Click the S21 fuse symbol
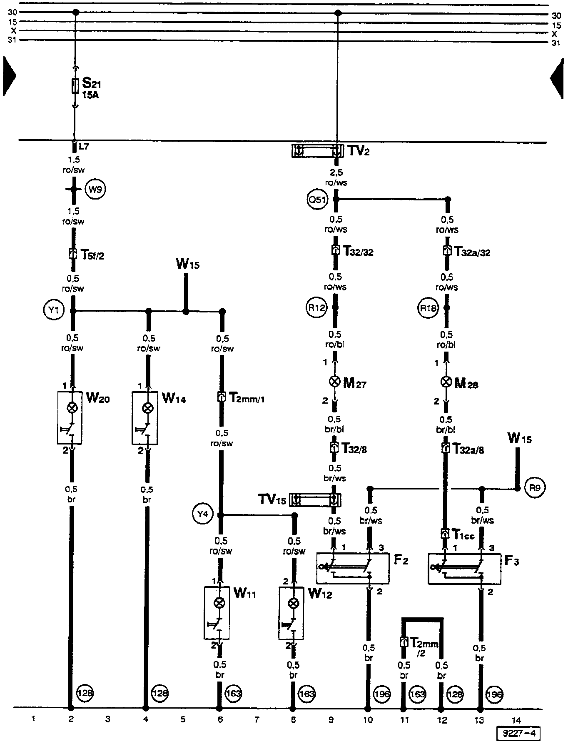(x=75, y=86)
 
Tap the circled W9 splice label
(x=95, y=190)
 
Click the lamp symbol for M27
(x=334, y=382)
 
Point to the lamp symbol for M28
(x=446, y=382)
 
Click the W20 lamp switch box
(x=70, y=417)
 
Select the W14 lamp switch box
(x=144, y=417)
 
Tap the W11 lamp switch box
(x=217, y=613)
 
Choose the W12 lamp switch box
(x=291, y=613)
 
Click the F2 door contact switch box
(x=353, y=568)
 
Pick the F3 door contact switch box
(x=464, y=568)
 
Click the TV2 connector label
(x=359, y=151)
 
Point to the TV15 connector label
(x=272, y=499)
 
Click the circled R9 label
(x=535, y=487)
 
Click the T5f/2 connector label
(x=92, y=255)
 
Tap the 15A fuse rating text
(x=90, y=95)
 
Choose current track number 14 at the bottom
(x=516, y=719)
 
